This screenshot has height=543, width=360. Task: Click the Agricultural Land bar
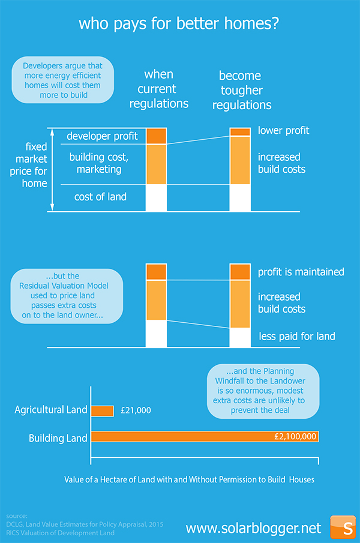[x=103, y=411]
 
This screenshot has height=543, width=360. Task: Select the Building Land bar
[x=205, y=436]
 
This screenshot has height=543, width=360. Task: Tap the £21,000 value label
[x=136, y=410]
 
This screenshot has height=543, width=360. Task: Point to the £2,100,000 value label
[x=295, y=436]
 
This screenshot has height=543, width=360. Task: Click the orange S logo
[x=343, y=527]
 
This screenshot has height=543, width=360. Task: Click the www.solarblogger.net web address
[x=253, y=528]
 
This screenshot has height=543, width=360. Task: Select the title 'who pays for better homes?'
[x=179, y=23]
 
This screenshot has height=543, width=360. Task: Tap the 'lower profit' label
[x=283, y=131]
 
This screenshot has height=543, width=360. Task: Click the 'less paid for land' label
[x=297, y=336]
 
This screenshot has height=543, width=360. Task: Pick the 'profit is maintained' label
[x=301, y=272]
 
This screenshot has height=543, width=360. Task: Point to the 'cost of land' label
[x=100, y=197]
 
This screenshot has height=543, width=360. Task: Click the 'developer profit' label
[x=102, y=136]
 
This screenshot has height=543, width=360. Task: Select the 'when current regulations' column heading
[x=159, y=89]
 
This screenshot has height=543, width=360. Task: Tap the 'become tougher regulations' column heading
[x=242, y=90]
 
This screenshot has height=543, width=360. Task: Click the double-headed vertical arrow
[x=52, y=170]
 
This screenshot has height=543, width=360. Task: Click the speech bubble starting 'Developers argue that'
[x=62, y=80]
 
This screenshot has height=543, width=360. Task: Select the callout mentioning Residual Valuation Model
[x=67, y=296]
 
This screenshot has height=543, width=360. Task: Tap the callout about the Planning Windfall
[x=263, y=391]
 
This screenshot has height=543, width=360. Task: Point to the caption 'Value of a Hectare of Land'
[x=190, y=479]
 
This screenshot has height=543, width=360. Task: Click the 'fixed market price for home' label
[x=29, y=165]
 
